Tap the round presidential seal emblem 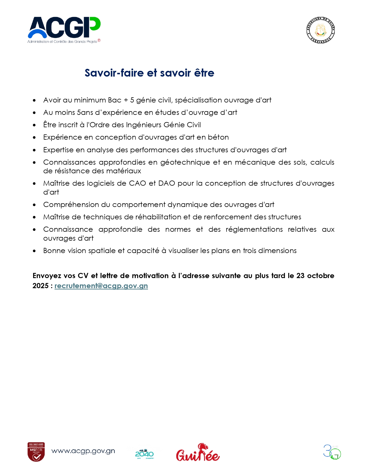pos(320,30)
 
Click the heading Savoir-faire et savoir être pos(149,73)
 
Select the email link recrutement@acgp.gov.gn pos(101,286)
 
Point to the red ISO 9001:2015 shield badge pos(36,452)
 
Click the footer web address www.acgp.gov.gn pos(83,451)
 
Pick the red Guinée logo pos(198,453)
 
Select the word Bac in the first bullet pos(115,100)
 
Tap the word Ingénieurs pos(144,125)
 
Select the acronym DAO pos(167,183)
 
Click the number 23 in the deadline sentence pos(300,276)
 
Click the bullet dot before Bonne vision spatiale pos(34,251)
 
